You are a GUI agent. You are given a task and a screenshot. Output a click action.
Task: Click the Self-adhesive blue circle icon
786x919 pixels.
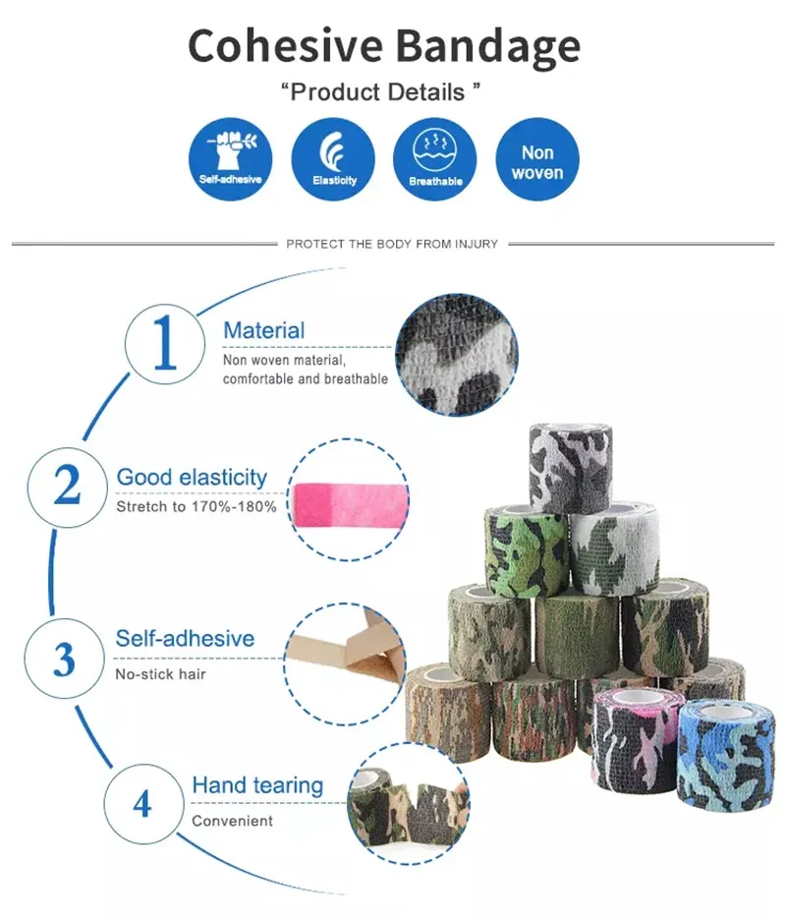231,159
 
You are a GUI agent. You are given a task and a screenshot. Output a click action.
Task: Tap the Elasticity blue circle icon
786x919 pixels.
334,159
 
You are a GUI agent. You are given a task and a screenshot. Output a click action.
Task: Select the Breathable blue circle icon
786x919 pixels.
435,159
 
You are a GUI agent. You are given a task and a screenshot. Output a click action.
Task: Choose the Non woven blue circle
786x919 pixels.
537,159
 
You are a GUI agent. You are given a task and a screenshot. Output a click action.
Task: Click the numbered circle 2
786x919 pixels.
67,486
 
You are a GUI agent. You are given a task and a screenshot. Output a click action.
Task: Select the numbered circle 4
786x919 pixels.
142,803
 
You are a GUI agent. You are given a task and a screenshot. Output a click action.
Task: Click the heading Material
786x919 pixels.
263,331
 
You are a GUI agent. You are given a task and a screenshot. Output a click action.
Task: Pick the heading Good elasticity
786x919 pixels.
192,478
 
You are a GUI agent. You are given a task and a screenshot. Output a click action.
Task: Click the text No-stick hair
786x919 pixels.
161,674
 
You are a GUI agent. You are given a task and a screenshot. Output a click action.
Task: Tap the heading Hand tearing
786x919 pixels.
257,785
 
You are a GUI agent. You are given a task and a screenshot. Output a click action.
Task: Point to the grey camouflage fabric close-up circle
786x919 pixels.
456,355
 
